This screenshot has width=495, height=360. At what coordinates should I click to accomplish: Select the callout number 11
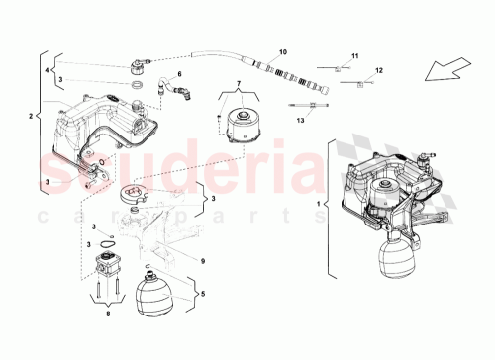point(357,55)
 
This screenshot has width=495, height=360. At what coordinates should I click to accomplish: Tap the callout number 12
point(376,70)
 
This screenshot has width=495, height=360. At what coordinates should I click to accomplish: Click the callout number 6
point(179,75)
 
